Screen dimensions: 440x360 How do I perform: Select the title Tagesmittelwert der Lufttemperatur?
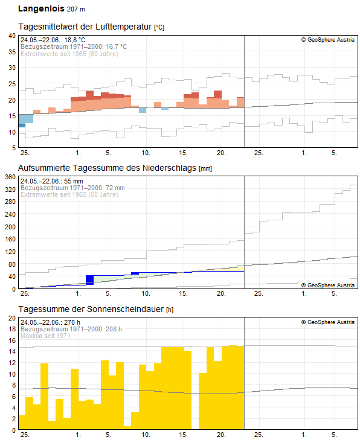click(86, 27)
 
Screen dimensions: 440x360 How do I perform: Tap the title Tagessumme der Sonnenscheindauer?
click(91, 309)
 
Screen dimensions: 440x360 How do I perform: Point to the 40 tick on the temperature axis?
click(11, 36)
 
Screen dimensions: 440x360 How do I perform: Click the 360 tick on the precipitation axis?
click(10, 177)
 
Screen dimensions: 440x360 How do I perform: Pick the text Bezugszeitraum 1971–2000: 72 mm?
click(72, 188)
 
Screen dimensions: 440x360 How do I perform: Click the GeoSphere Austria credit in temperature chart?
click(328, 40)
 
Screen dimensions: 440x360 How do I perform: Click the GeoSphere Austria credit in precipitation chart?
click(328, 285)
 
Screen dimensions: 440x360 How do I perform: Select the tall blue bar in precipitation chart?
click(89, 279)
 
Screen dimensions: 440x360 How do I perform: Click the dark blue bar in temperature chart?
click(22, 126)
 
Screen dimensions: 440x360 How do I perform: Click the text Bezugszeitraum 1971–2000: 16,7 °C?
click(74, 46)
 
